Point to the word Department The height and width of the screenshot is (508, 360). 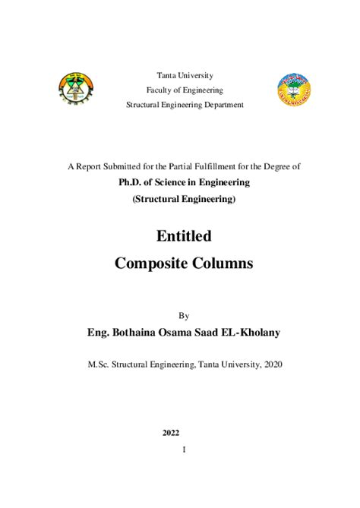click(x=220, y=104)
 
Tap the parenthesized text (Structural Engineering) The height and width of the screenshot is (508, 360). click(x=185, y=199)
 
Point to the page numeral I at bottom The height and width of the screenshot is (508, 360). click(x=185, y=450)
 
